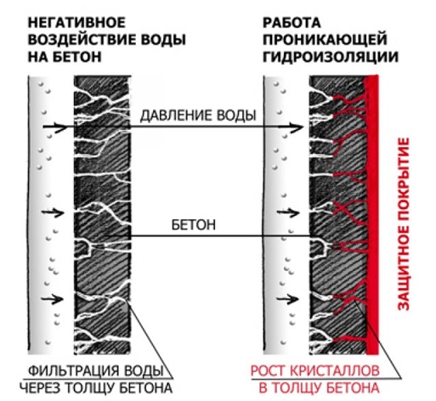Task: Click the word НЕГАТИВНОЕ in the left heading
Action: pos(76,22)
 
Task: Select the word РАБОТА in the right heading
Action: pos(292,22)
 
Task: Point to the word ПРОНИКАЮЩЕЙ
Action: pos(325,39)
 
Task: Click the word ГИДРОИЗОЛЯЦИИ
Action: pos(331,57)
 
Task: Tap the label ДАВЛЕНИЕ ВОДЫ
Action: pos(198,116)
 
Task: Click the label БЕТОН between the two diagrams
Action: pos(194,225)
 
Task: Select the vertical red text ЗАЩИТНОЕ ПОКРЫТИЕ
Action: pos(404,224)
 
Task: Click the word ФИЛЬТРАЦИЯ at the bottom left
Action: pos(74,370)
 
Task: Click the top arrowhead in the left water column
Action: pos(61,127)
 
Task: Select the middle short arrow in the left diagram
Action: pos(53,212)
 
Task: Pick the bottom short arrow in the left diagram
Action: pos(53,299)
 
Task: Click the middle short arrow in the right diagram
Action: pos(288,212)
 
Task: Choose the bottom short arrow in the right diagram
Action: pos(287,299)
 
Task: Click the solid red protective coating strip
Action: pos(372,215)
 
